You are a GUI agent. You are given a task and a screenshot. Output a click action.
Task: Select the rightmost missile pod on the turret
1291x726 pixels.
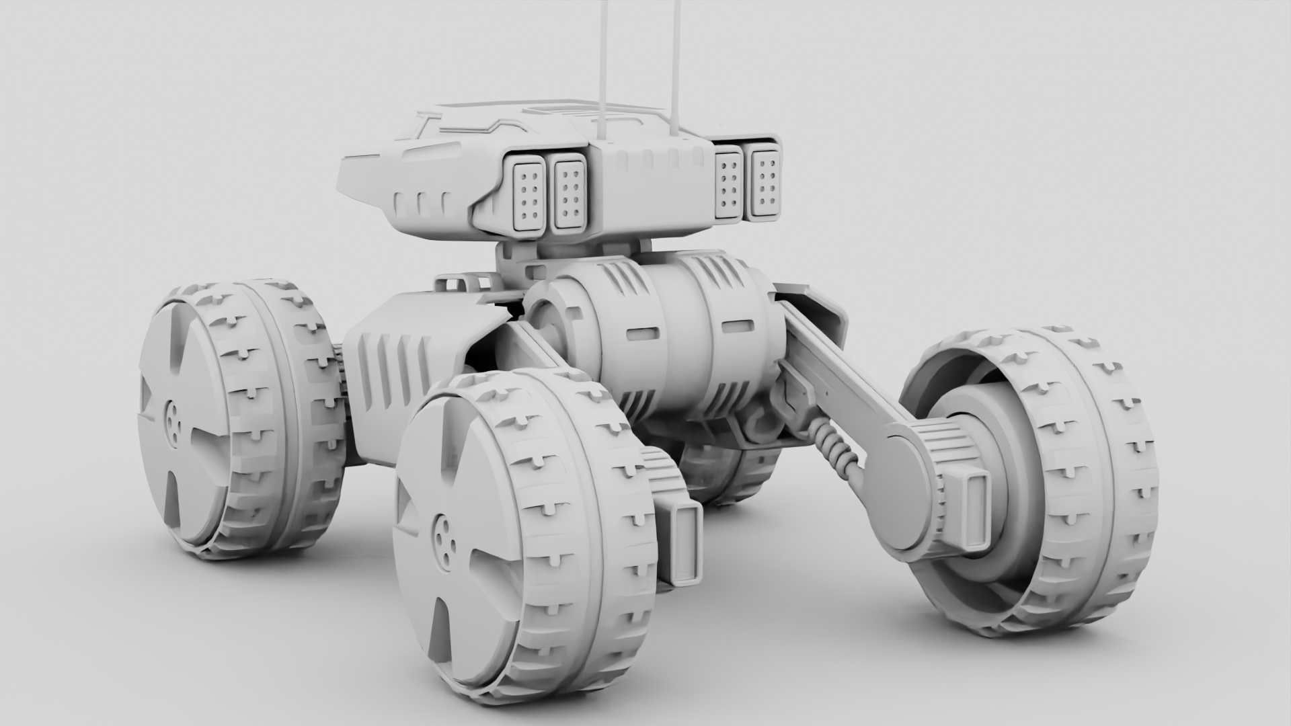pos(765,183)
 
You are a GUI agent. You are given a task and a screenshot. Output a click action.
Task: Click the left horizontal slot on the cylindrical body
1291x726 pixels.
pos(643,333)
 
